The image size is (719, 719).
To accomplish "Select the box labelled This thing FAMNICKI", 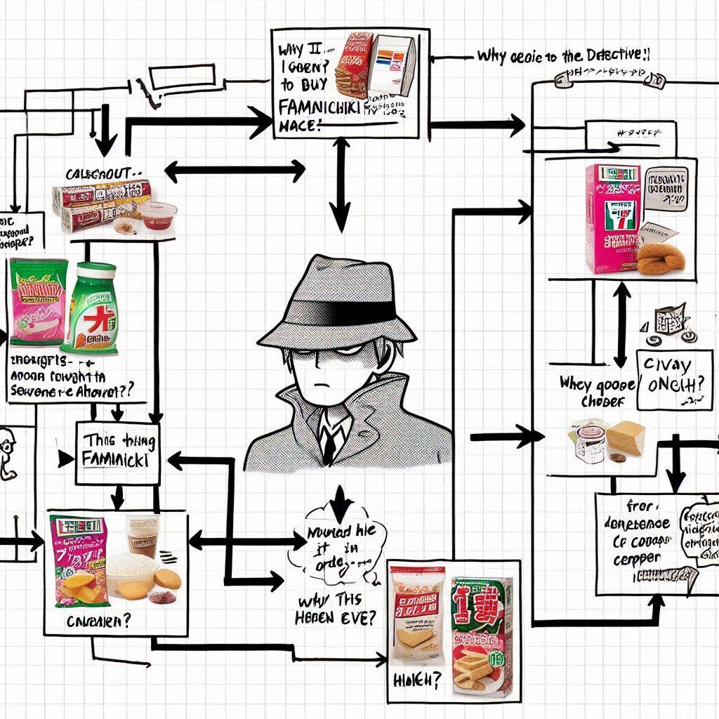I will (x=117, y=453).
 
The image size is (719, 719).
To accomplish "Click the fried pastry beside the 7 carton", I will (x=660, y=258).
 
